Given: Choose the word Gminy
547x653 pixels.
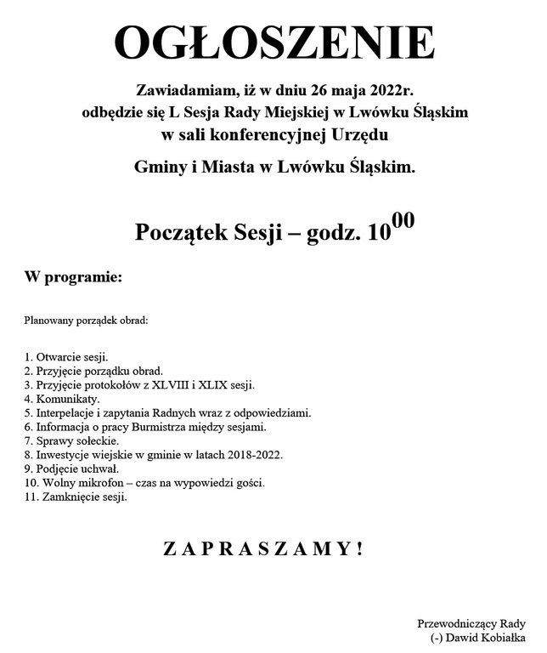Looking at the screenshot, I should pos(160,168).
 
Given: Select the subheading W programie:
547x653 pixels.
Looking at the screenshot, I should pos(74,277).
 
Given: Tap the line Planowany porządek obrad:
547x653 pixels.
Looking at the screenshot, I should pos(86,321).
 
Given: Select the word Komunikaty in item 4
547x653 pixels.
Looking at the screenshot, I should pos(69,399).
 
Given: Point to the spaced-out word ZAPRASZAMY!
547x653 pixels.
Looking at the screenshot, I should pos(263,549).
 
